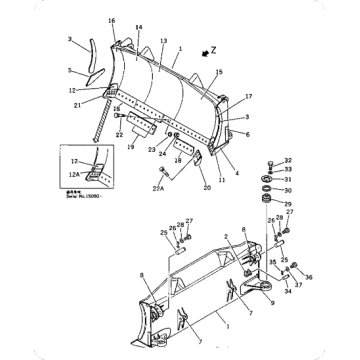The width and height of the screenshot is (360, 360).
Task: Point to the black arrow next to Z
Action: (204, 48)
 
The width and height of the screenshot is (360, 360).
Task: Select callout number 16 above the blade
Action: (112, 21)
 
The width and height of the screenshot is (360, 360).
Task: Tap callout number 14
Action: (138, 27)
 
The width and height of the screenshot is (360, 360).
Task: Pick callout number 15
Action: (219, 71)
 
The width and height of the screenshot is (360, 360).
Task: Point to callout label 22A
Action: (158, 187)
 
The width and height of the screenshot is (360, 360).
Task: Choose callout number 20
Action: (207, 187)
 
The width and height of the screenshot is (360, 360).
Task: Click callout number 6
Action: (247, 134)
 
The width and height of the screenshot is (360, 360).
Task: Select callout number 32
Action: (289, 160)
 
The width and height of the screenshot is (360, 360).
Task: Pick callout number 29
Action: (287, 202)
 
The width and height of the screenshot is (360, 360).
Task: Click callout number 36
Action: (307, 278)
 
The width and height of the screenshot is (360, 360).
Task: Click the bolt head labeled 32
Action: (272, 164)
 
